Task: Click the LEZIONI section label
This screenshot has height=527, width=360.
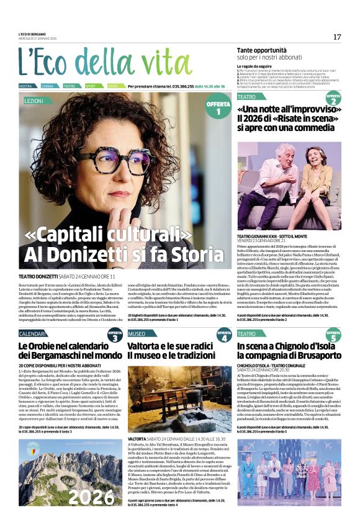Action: [x=34, y=100]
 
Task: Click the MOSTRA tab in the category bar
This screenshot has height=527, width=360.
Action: [x=26, y=86]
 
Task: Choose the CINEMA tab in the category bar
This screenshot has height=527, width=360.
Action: [x=48, y=86]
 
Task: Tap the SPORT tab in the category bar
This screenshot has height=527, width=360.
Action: [x=91, y=86]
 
